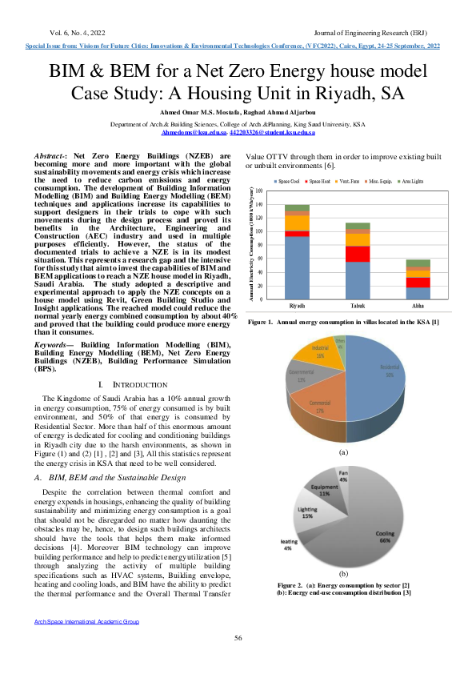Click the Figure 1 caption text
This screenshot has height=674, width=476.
(x=343, y=322)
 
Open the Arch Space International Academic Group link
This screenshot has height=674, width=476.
(x=86, y=621)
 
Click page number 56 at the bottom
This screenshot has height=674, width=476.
(x=238, y=637)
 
